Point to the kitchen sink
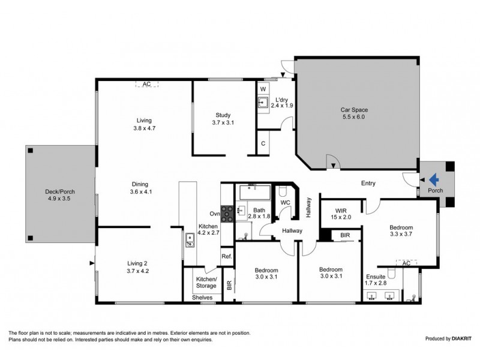tap(190, 242)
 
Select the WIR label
tap(341, 210)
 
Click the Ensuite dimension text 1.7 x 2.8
tap(377, 284)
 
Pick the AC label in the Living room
tap(146, 85)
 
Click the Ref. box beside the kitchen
tap(226, 256)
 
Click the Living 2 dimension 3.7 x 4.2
tap(137, 271)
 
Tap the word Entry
tap(368, 183)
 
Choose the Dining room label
tap(139, 184)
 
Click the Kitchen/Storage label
tap(206, 282)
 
